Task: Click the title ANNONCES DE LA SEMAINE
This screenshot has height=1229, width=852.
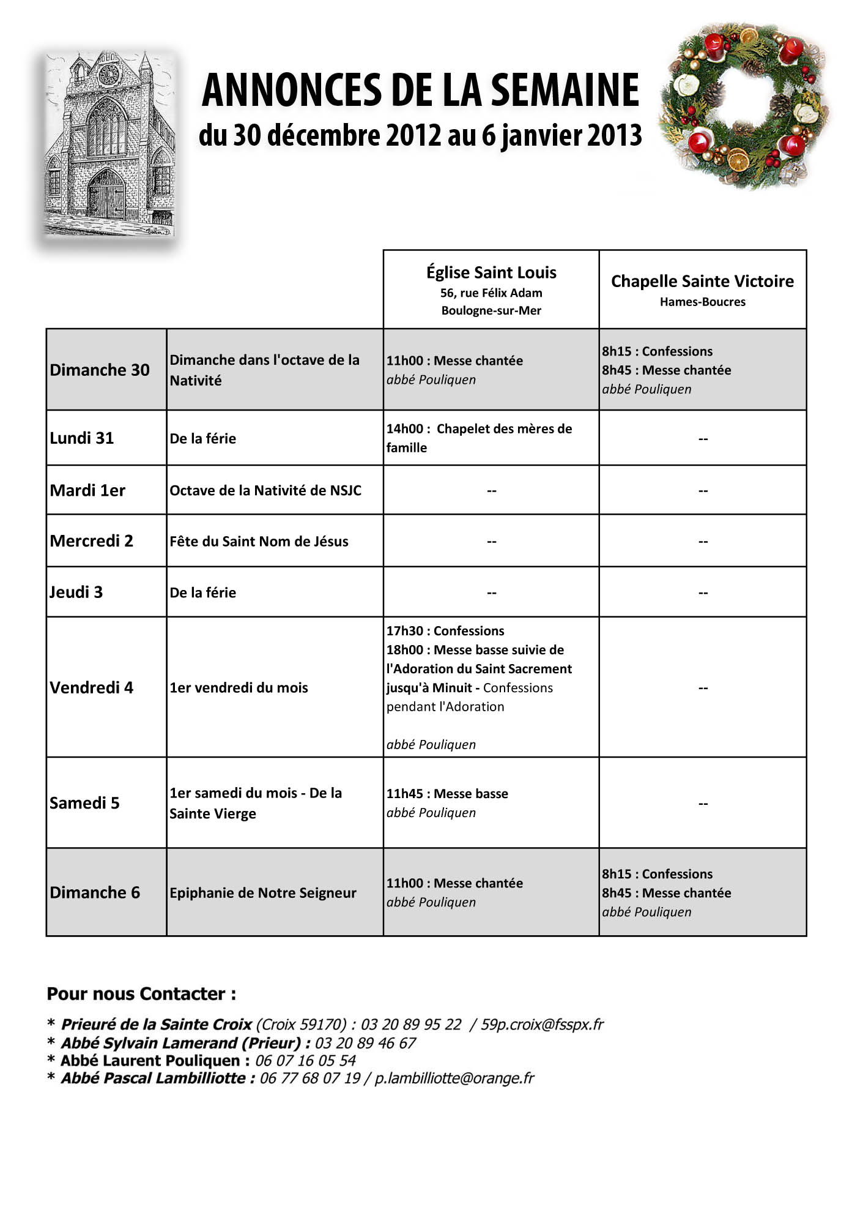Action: tap(420, 90)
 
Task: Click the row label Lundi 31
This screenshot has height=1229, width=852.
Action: tap(82, 438)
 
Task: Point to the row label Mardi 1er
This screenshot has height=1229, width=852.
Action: tap(87, 491)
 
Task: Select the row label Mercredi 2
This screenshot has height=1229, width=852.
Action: tap(92, 541)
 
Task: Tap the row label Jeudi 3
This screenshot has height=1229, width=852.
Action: tap(76, 592)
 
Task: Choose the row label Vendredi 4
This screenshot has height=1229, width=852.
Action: tap(92, 688)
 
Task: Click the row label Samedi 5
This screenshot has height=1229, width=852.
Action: tap(85, 803)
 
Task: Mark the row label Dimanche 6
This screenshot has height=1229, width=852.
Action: tap(95, 893)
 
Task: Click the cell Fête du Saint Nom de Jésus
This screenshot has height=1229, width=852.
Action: tap(259, 542)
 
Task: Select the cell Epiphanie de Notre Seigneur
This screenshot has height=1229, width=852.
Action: tap(263, 893)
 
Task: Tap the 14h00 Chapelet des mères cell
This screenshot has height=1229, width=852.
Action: tap(479, 438)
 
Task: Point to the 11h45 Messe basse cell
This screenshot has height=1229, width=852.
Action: tap(447, 803)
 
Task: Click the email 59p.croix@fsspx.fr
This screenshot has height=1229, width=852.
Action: tap(542, 1025)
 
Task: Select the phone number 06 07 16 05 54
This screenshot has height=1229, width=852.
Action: tap(305, 1061)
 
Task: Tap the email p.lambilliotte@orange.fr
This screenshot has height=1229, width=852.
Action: tap(454, 1078)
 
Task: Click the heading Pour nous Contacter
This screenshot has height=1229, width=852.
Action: tap(141, 993)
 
